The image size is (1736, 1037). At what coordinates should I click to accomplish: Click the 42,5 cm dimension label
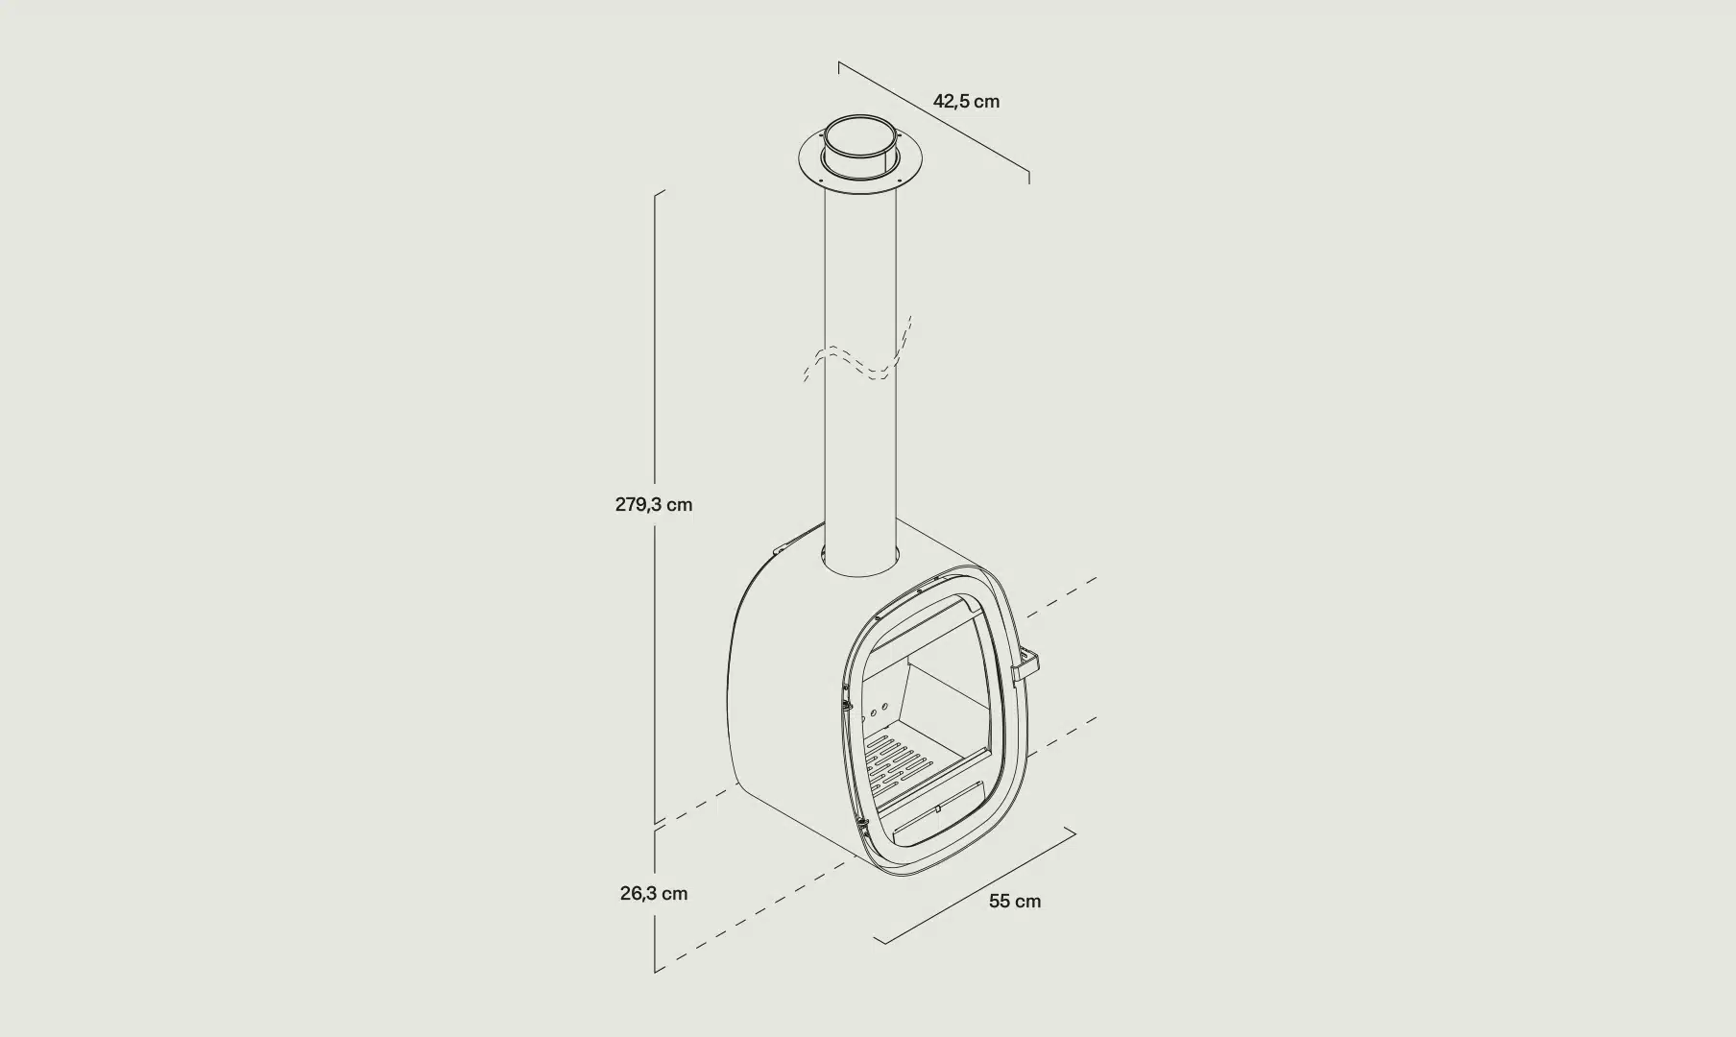point(966,101)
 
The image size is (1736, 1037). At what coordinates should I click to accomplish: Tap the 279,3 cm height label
point(653,504)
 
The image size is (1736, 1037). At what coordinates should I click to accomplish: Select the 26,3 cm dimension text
point(653,893)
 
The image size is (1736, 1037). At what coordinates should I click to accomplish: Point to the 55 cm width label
point(1015,901)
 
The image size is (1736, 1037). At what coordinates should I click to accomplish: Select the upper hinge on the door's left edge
point(846,701)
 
